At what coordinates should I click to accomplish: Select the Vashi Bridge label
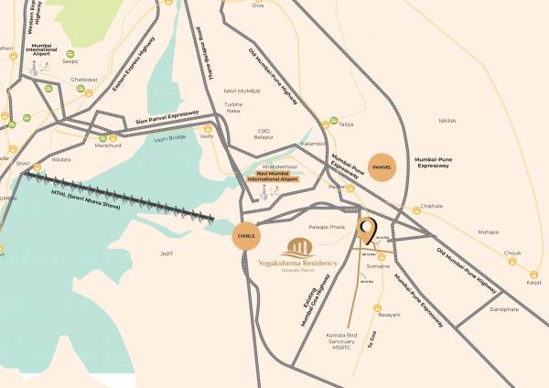tap(169, 137)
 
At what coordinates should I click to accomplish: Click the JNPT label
tap(166, 253)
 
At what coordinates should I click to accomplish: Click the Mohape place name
tap(489, 232)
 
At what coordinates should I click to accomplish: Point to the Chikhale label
tap(431, 207)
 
